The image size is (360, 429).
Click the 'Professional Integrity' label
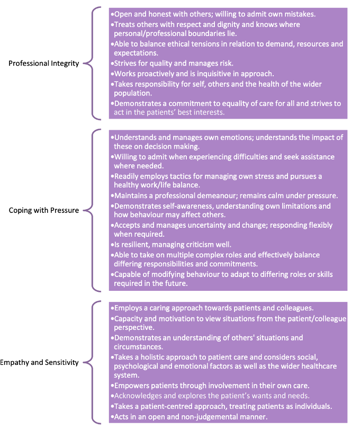pyautogui.click(x=44, y=64)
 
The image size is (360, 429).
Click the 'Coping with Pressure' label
pyautogui.click(x=44, y=210)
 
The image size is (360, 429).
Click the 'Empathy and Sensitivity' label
pyautogui.click(x=39, y=362)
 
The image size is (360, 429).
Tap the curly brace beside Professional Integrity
pyautogui.click(x=92, y=63)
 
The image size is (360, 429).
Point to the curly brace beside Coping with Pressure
pyautogui.click(x=92, y=210)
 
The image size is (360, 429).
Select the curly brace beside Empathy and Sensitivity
pyautogui.click(x=92, y=362)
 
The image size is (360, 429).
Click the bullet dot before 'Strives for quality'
pyautogui.click(x=112, y=64)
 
